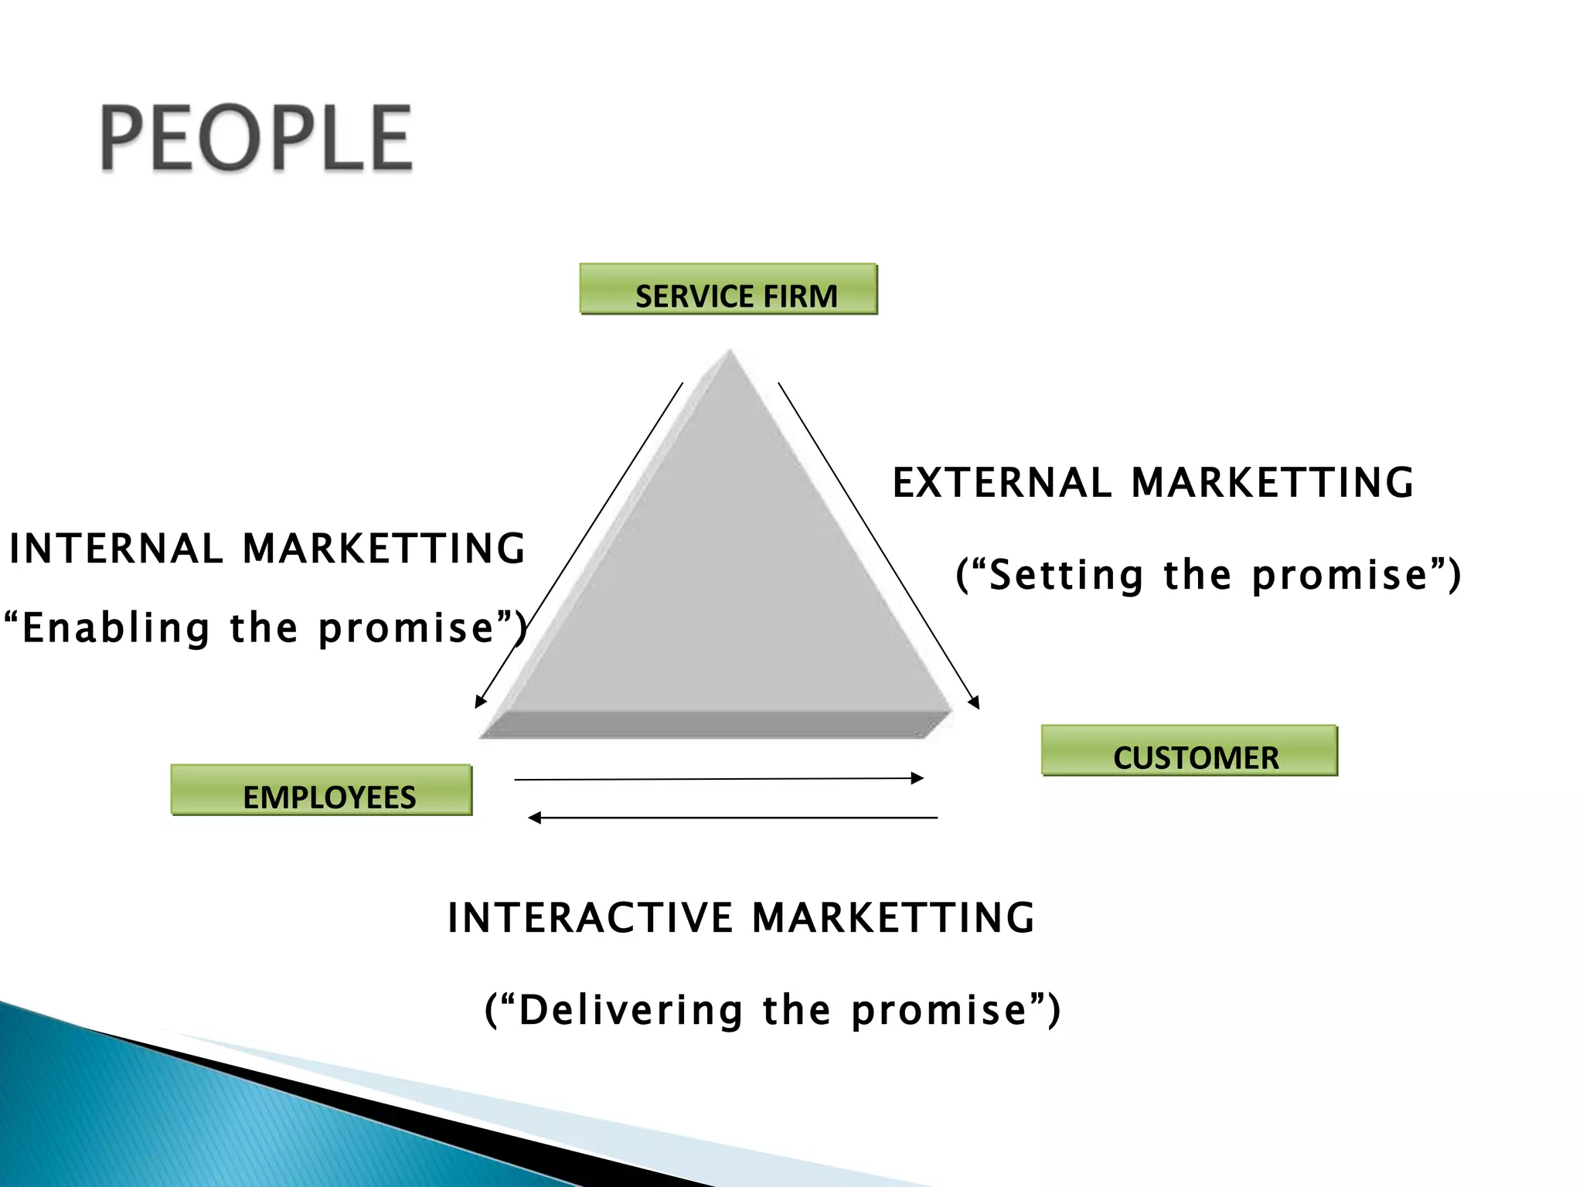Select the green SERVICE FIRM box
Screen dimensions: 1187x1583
pos(728,289)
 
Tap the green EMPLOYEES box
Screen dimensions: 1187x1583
pos(321,790)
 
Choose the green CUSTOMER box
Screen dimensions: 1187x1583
pos(1189,750)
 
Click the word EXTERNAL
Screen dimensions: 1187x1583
pos(1002,483)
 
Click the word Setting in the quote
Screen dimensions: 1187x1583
pos(1066,576)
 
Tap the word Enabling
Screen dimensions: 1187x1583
pos(116,628)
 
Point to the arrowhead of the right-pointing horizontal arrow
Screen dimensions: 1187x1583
pos(918,778)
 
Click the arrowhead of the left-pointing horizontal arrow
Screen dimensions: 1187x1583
pos(534,818)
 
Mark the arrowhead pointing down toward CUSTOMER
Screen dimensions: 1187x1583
pos(975,702)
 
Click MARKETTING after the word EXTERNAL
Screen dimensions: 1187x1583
pos(1272,483)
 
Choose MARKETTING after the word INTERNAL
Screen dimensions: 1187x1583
pos(383,549)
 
